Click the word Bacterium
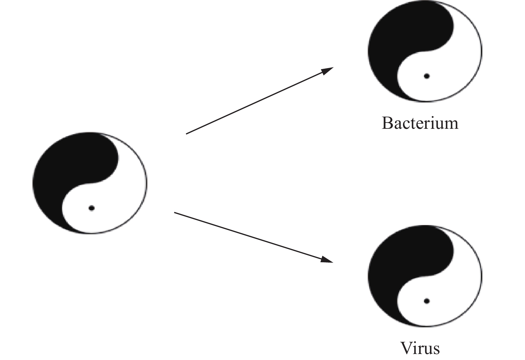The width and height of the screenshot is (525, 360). pyautogui.click(x=420, y=123)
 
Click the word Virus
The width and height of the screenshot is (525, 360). pyautogui.click(x=420, y=348)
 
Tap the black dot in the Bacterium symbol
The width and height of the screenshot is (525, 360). pyautogui.click(x=426, y=76)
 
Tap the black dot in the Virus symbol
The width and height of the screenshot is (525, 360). pyautogui.click(x=426, y=301)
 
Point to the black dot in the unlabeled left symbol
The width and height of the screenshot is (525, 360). pyautogui.click(x=92, y=208)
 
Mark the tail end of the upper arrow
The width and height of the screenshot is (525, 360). pyautogui.click(x=187, y=134)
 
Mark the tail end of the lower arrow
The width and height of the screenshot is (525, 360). pyautogui.click(x=175, y=213)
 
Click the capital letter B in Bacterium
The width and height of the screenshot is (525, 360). pyautogui.click(x=387, y=123)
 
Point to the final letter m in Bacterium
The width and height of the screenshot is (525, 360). pyautogui.click(x=451, y=124)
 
